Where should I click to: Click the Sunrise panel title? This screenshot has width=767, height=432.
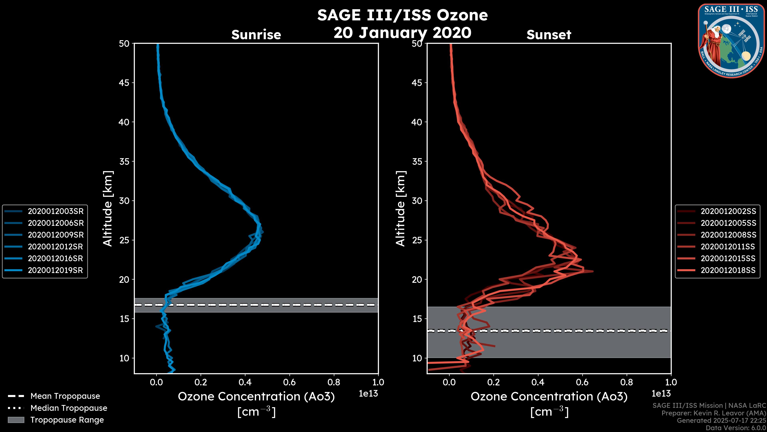[256, 35]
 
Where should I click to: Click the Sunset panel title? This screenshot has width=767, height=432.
[549, 35]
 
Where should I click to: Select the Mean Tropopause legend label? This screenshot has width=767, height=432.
[65, 396]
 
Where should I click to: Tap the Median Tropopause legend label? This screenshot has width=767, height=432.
[69, 408]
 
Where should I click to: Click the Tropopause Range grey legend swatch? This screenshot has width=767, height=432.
[16, 420]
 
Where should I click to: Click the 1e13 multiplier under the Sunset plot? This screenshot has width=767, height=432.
[661, 394]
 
